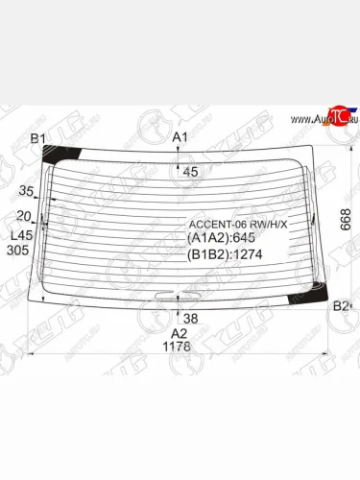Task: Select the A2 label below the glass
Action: click(x=180, y=333)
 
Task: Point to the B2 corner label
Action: click(x=340, y=306)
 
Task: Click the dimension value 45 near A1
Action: click(x=190, y=172)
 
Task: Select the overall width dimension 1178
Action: click(x=180, y=347)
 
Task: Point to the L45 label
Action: click(x=19, y=234)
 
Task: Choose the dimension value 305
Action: click(x=17, y=250)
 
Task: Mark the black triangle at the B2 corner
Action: click(x=321, y=299)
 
